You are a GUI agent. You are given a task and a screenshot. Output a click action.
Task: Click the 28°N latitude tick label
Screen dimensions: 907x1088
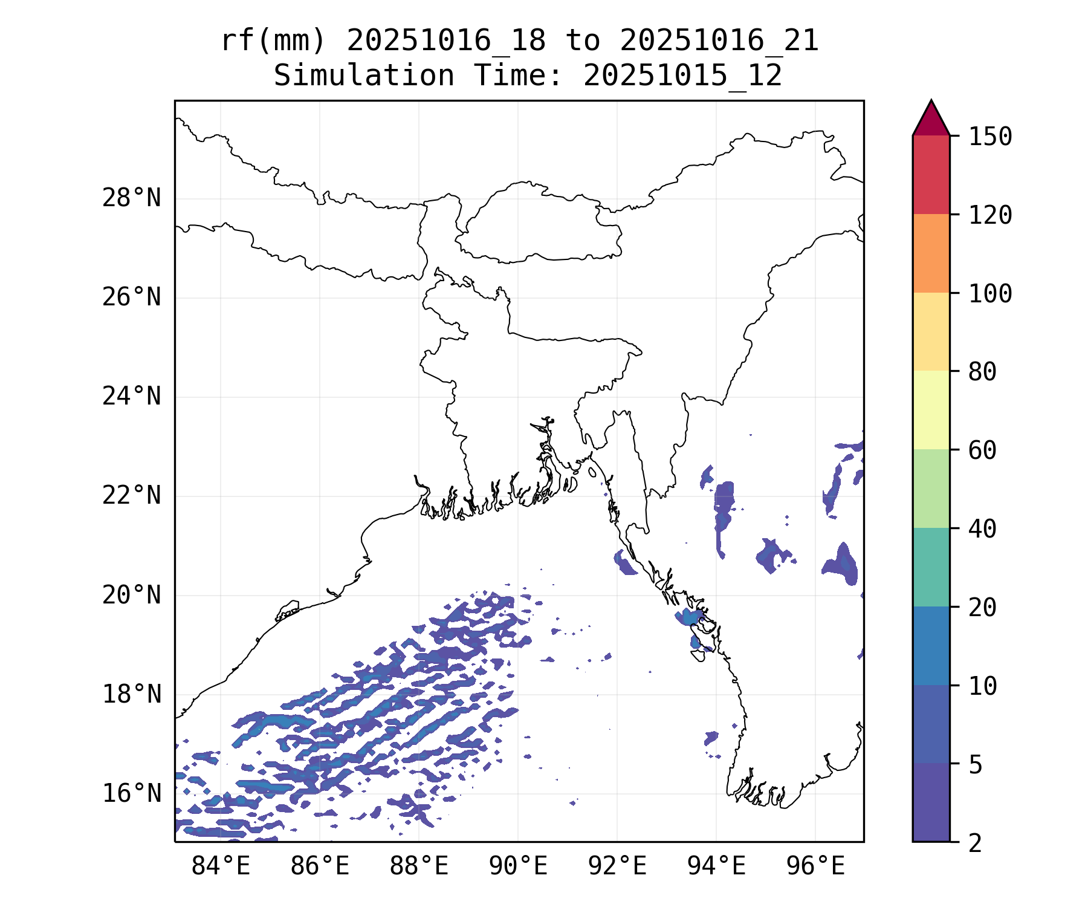[131, 198]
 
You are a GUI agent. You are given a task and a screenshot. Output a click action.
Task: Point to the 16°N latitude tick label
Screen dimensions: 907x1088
[131, 793]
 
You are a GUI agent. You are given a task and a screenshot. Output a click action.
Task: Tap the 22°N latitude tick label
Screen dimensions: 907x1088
[131, 496]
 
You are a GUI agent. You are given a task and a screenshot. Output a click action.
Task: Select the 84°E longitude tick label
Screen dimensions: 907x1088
[221, 866]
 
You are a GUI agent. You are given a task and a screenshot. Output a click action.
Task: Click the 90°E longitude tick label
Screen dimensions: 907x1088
[518, 866]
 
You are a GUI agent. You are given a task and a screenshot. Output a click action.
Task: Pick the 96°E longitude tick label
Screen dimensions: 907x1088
[815, 866]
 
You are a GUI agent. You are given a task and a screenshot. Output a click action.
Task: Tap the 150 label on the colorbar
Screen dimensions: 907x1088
[990, 137]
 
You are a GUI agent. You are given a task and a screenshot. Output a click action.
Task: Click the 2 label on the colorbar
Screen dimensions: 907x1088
[975, 843]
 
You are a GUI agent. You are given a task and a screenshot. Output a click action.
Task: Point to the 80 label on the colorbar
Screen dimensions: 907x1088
[982, 372]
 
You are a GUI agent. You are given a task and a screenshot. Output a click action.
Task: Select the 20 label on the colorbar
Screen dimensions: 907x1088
[982, 607]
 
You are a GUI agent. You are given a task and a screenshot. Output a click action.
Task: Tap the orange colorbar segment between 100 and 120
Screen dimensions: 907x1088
[931, 253]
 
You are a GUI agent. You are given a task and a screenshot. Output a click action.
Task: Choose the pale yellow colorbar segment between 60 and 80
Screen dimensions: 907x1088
[931, 410]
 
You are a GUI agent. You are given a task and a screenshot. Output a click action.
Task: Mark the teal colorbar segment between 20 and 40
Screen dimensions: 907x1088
[931, 567]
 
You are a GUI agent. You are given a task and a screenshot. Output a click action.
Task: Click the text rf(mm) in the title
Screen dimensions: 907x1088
[273, 41]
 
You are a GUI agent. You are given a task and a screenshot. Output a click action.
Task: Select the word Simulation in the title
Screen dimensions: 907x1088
[364, 76]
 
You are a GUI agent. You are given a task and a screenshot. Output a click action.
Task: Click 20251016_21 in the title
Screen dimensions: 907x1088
[719, 41]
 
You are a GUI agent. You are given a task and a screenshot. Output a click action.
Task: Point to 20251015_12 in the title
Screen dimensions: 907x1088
[682, 76]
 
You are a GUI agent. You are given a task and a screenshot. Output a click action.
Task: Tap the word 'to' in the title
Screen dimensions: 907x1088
[583, 41]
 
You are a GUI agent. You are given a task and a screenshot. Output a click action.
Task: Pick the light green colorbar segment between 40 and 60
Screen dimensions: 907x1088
[931, 489]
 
